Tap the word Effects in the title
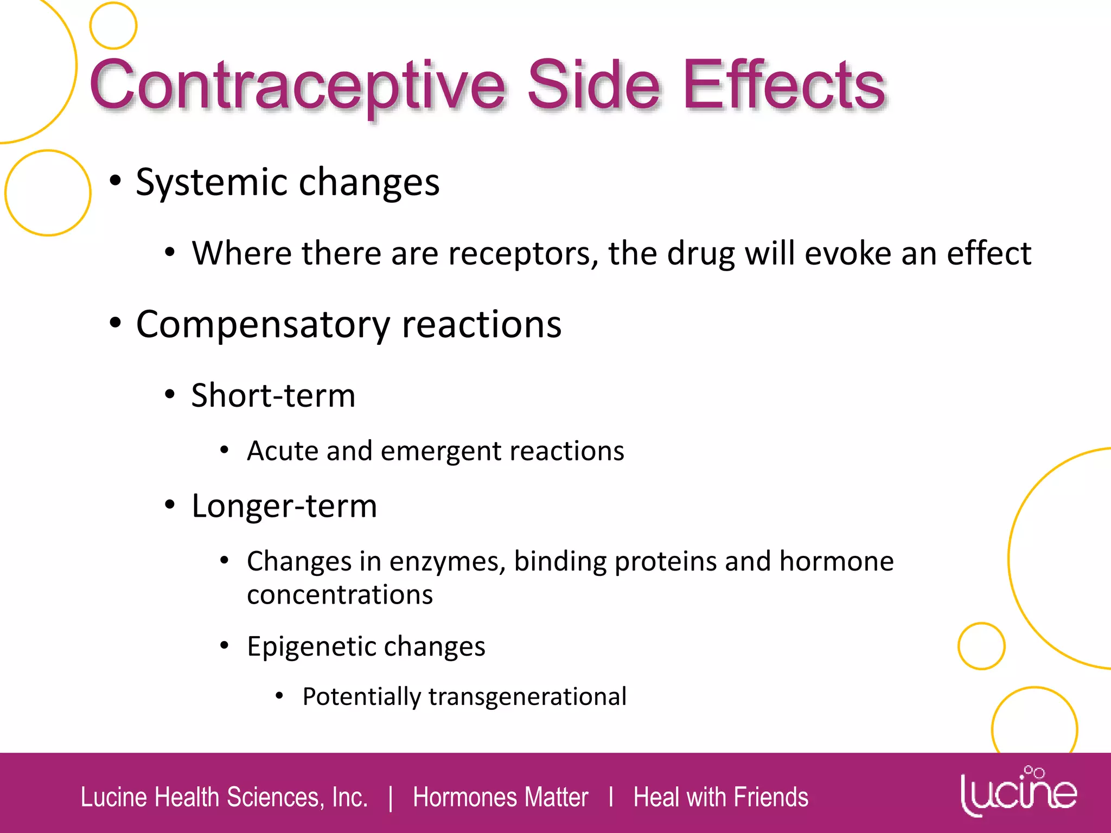[784, 86]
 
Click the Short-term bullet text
[273, 395]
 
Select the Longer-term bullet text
[284, 506]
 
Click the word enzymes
[447, 562]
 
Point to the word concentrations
[340, 595]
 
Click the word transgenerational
[527, 697]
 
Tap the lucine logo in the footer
[1018, 792]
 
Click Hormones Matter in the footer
[500, 797]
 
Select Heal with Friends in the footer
[720, 797]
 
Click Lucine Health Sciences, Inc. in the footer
[224, 797]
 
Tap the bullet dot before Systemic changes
[115, 181]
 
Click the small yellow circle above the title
[113, 25]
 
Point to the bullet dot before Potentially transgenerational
[279, 695]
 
